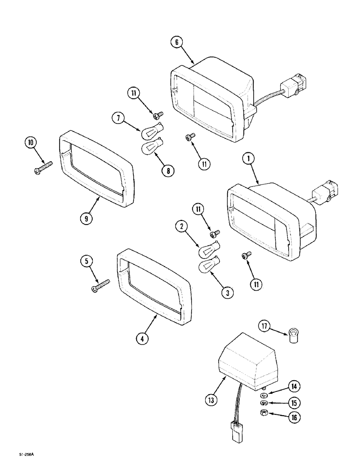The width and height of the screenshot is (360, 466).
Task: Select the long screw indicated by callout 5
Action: (x=101, y=285)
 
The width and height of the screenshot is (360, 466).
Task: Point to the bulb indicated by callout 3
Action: (x=208, y=267)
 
